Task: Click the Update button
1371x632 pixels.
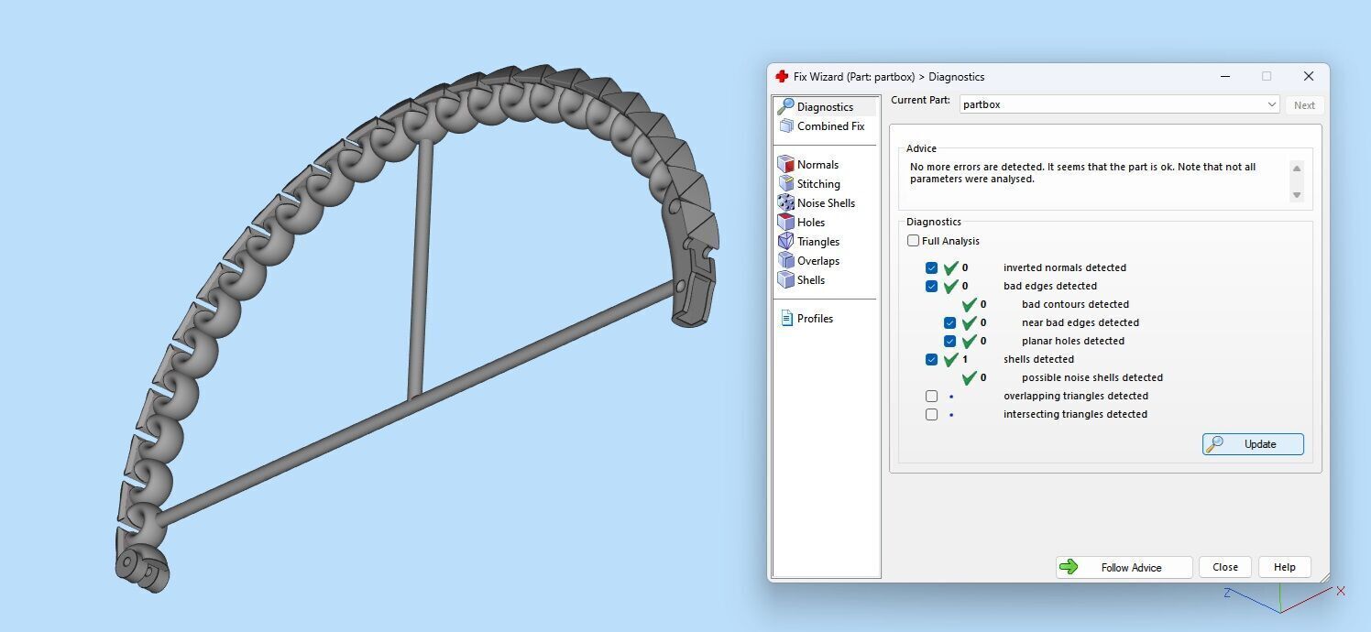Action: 1253,444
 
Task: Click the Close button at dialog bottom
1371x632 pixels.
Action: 1225,567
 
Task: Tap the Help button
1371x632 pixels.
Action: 1284,567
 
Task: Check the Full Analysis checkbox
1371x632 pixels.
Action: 914,241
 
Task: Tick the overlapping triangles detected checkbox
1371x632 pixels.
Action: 932,396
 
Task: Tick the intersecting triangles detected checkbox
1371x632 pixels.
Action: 932,414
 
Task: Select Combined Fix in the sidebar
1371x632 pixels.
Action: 829,126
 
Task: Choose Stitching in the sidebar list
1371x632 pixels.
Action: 817,184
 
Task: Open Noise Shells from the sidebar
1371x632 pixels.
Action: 825,203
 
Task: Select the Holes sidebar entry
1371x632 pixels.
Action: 810,223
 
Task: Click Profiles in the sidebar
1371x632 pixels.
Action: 814,319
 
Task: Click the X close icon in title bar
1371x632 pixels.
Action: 1309,76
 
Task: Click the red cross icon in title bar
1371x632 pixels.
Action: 782,77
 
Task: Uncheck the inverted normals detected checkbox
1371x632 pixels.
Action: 932,267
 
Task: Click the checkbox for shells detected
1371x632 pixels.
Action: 932,359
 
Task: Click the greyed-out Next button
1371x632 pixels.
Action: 1304,105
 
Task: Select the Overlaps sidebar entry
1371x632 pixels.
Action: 817,261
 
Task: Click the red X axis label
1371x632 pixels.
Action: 1341,592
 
